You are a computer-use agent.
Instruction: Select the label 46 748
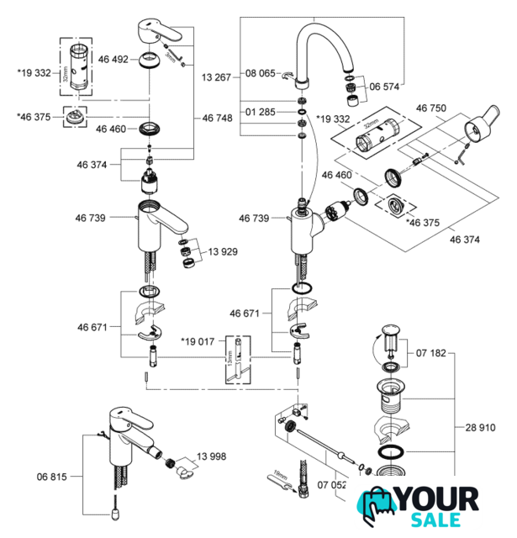(x=217, y=119)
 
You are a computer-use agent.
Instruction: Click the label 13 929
(x=225, y=251)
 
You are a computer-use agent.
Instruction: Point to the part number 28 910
(x=476, y=426)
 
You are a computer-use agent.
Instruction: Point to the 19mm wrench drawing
(x=278, y=482)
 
